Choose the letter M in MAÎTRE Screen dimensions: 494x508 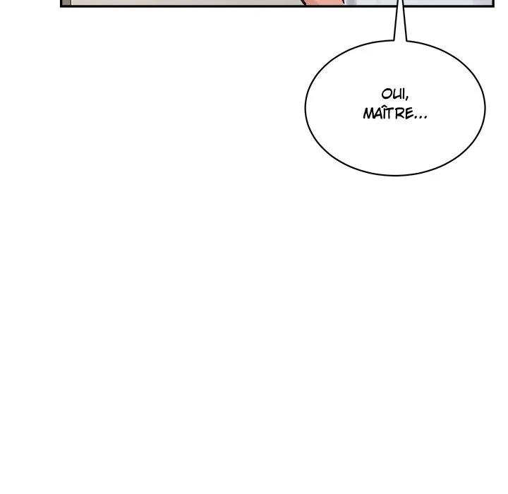[368, 114]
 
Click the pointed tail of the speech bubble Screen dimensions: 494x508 [399, 28]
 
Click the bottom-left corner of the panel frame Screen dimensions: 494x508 [62, 6]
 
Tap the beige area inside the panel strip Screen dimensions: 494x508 [176, 2]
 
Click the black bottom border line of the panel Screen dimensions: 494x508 [212, 6]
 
